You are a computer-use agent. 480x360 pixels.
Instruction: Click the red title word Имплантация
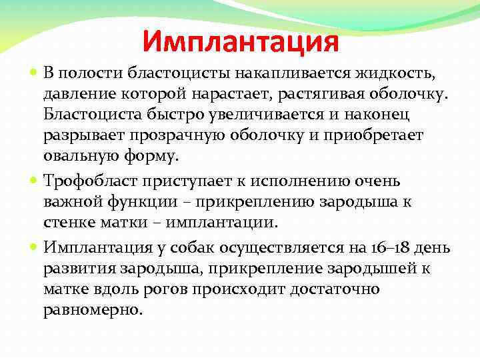click(x=241, y=42)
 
